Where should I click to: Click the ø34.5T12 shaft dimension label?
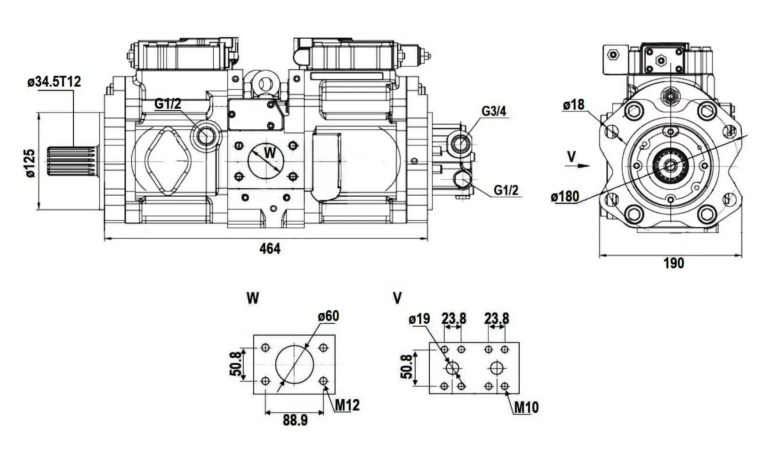coord(54,82)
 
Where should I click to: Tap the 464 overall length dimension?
coord(270,249)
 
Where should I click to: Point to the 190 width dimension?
coord(674,263)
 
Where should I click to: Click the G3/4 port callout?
coord(494,112)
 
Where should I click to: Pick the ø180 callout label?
coord(565,196)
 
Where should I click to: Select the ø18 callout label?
coord(573,104)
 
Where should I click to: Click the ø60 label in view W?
coord(328,316)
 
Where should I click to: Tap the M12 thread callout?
coord(347,405)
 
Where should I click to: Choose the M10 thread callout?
coord(526,407)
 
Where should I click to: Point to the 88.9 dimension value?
coord(295,420)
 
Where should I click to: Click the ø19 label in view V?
coord(419,319)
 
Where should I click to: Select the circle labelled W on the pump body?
coord(264,159)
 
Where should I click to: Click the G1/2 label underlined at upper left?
coord(168,104)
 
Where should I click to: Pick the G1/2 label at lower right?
coord(506,190)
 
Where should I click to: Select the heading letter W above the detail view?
coord(253,298)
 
